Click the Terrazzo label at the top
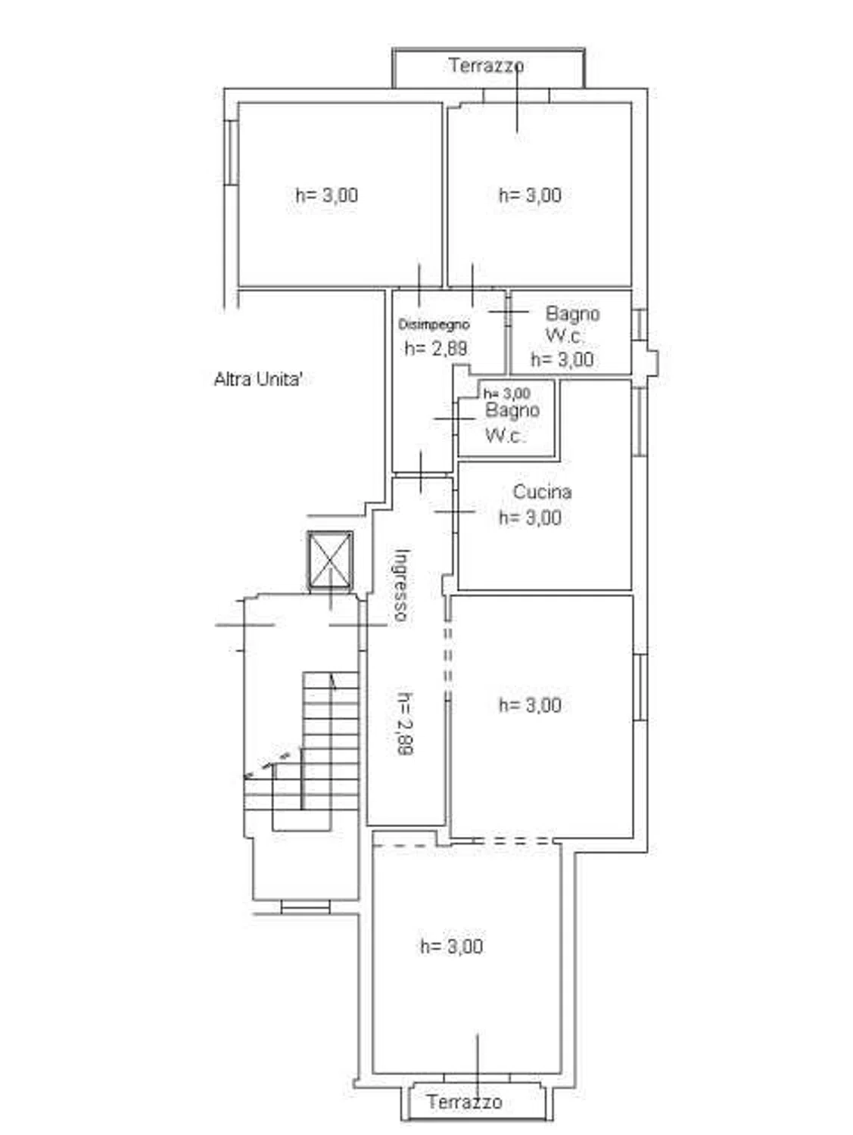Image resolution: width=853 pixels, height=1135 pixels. point(486,66)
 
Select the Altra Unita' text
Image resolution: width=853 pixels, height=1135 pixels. point(257,380)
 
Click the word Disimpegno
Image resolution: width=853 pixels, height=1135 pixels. point(434,325)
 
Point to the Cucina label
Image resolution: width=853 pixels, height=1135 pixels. point(542,492)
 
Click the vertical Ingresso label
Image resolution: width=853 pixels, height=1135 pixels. point(402,585)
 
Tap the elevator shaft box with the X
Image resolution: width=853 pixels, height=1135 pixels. point(331,561)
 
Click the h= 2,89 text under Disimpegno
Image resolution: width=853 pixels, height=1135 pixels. point(436,349)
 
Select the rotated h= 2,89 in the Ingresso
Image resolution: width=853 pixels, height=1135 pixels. point(403,724)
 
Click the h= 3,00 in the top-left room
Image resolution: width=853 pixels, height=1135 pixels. point(327,195)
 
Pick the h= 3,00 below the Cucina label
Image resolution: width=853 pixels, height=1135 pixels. point(531,518)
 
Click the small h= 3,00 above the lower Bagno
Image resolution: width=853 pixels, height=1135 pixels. point(507,393)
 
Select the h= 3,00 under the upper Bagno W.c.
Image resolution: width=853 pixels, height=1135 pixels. point(562,359)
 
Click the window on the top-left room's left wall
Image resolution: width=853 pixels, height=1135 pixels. point(232,153)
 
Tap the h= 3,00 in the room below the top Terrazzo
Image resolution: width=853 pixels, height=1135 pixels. point(531,195)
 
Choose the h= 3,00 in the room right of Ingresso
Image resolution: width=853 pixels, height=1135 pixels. point(531,705)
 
